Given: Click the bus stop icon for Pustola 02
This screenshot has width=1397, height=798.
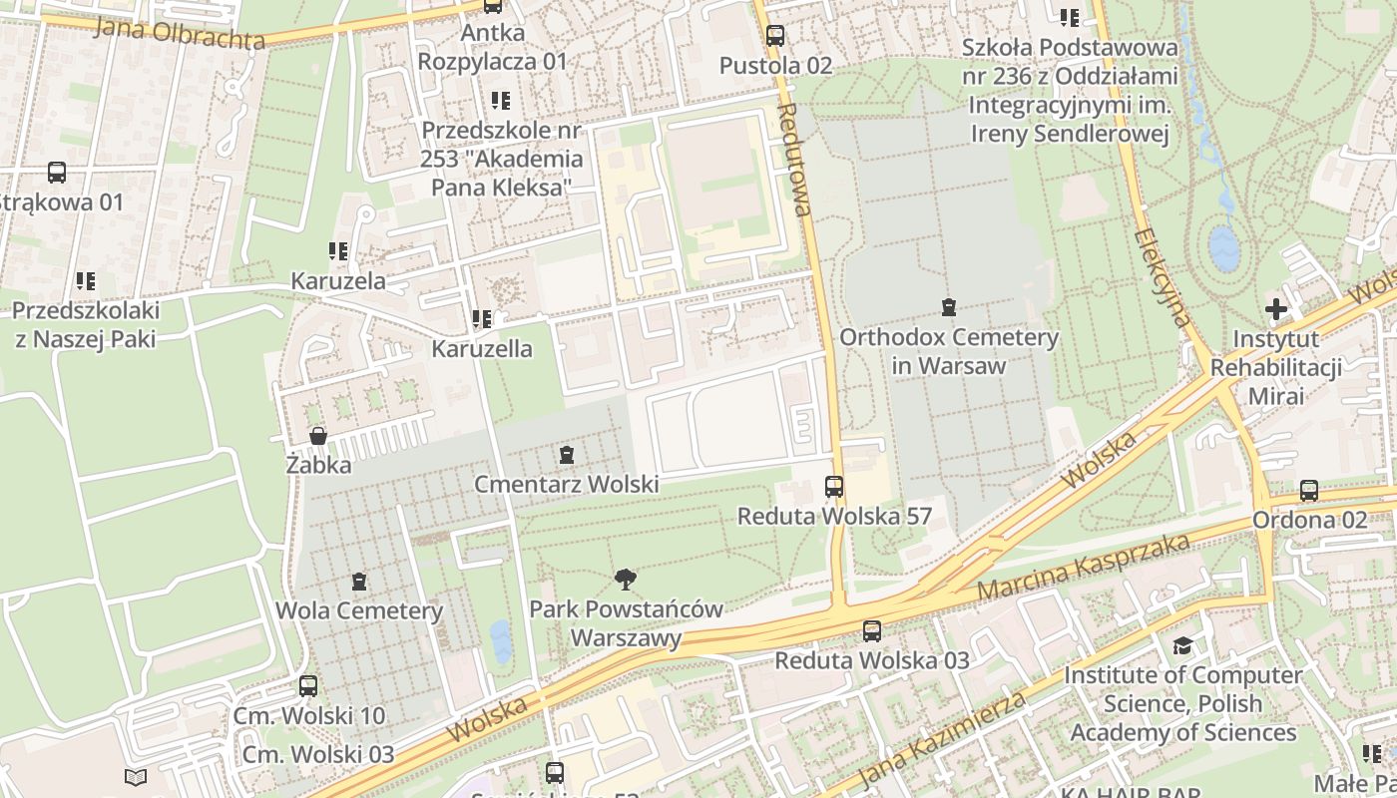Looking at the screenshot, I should click(774, 36).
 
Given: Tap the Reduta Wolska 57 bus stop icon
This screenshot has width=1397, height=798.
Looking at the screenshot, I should click(834, 487).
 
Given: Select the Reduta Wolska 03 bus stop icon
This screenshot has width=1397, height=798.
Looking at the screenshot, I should click(872, 630).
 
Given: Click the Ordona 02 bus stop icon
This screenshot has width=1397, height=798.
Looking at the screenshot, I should click(1309, 491).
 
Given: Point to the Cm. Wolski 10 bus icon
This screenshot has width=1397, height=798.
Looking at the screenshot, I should click(308, 686).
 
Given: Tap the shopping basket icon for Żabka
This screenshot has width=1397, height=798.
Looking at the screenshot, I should click(318, 436).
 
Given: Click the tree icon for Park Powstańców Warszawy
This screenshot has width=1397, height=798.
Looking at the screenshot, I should click(626, 579).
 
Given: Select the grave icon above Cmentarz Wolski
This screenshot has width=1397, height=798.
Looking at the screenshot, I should click(567, 455).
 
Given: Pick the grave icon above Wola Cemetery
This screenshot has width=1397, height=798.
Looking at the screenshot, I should click(359, 581).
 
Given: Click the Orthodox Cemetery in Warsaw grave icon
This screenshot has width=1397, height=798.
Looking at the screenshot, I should click(948, 307).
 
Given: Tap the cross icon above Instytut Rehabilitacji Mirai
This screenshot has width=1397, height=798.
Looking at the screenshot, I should click(1275, 309).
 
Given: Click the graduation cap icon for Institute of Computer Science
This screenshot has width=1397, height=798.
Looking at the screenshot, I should click(1182, 646).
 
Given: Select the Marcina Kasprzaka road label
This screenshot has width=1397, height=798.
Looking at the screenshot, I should click(1084, 567).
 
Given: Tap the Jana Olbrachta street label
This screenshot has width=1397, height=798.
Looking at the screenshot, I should click(180, 33).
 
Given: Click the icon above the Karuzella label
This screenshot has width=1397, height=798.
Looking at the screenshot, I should click(482, 319).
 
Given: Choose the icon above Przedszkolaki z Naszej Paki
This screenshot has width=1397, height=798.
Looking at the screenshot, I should click(85, 281).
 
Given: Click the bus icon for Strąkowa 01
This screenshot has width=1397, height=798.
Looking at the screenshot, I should click(57, 173).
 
